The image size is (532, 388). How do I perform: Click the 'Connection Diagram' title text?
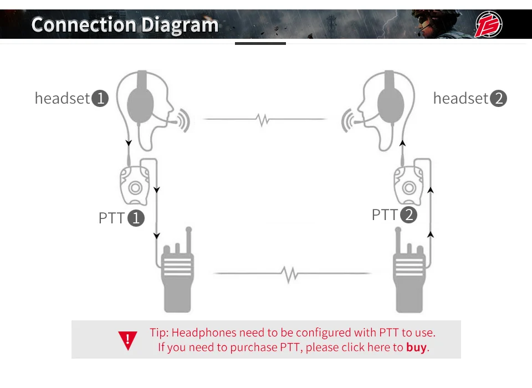(x=125, y=25)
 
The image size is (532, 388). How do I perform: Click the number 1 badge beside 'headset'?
(x=100, y=99)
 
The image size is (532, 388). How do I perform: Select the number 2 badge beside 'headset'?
(x=499, y=99)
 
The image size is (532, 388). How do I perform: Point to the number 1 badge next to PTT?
(x=136, y=218)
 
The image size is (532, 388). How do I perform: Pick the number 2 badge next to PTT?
(x=408, y=215)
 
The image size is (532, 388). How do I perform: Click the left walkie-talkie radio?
(x=177, y=277)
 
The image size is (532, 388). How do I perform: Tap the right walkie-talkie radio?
(x=410, y=277)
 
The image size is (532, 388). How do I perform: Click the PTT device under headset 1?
(x=135, y=186)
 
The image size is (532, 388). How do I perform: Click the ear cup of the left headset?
(x=141, y=104)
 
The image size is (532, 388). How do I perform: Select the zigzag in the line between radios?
(x=289, y=273)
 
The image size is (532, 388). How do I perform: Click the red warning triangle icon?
(x=127, y=340)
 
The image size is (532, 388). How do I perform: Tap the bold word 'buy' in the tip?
(x=417, y=348)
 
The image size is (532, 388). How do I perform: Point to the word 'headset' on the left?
(x=62, y=99)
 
